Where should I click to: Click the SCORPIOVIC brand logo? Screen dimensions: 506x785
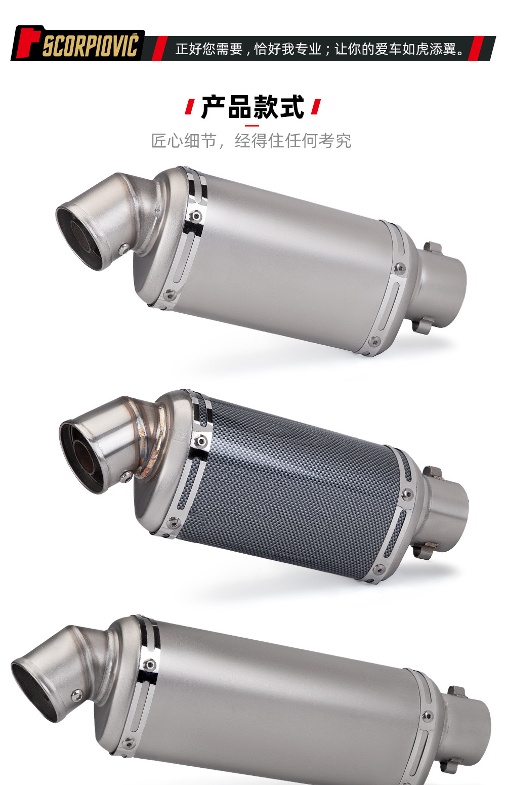[77, 44]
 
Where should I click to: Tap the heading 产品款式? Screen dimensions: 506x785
[252, 107]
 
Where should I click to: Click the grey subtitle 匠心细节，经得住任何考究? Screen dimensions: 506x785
[251, 141]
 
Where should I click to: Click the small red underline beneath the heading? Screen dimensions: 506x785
[252, 126]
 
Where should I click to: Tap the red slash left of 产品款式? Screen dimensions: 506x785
[190, 107]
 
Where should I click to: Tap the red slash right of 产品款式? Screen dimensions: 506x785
[316, 107]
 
